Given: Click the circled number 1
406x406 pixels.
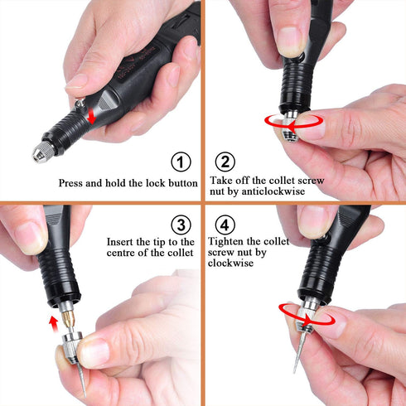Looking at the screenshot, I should (x=182, y=162).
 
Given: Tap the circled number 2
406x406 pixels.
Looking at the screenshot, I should (x=225, y=162).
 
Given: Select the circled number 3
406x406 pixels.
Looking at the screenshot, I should (x=182, y=225).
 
